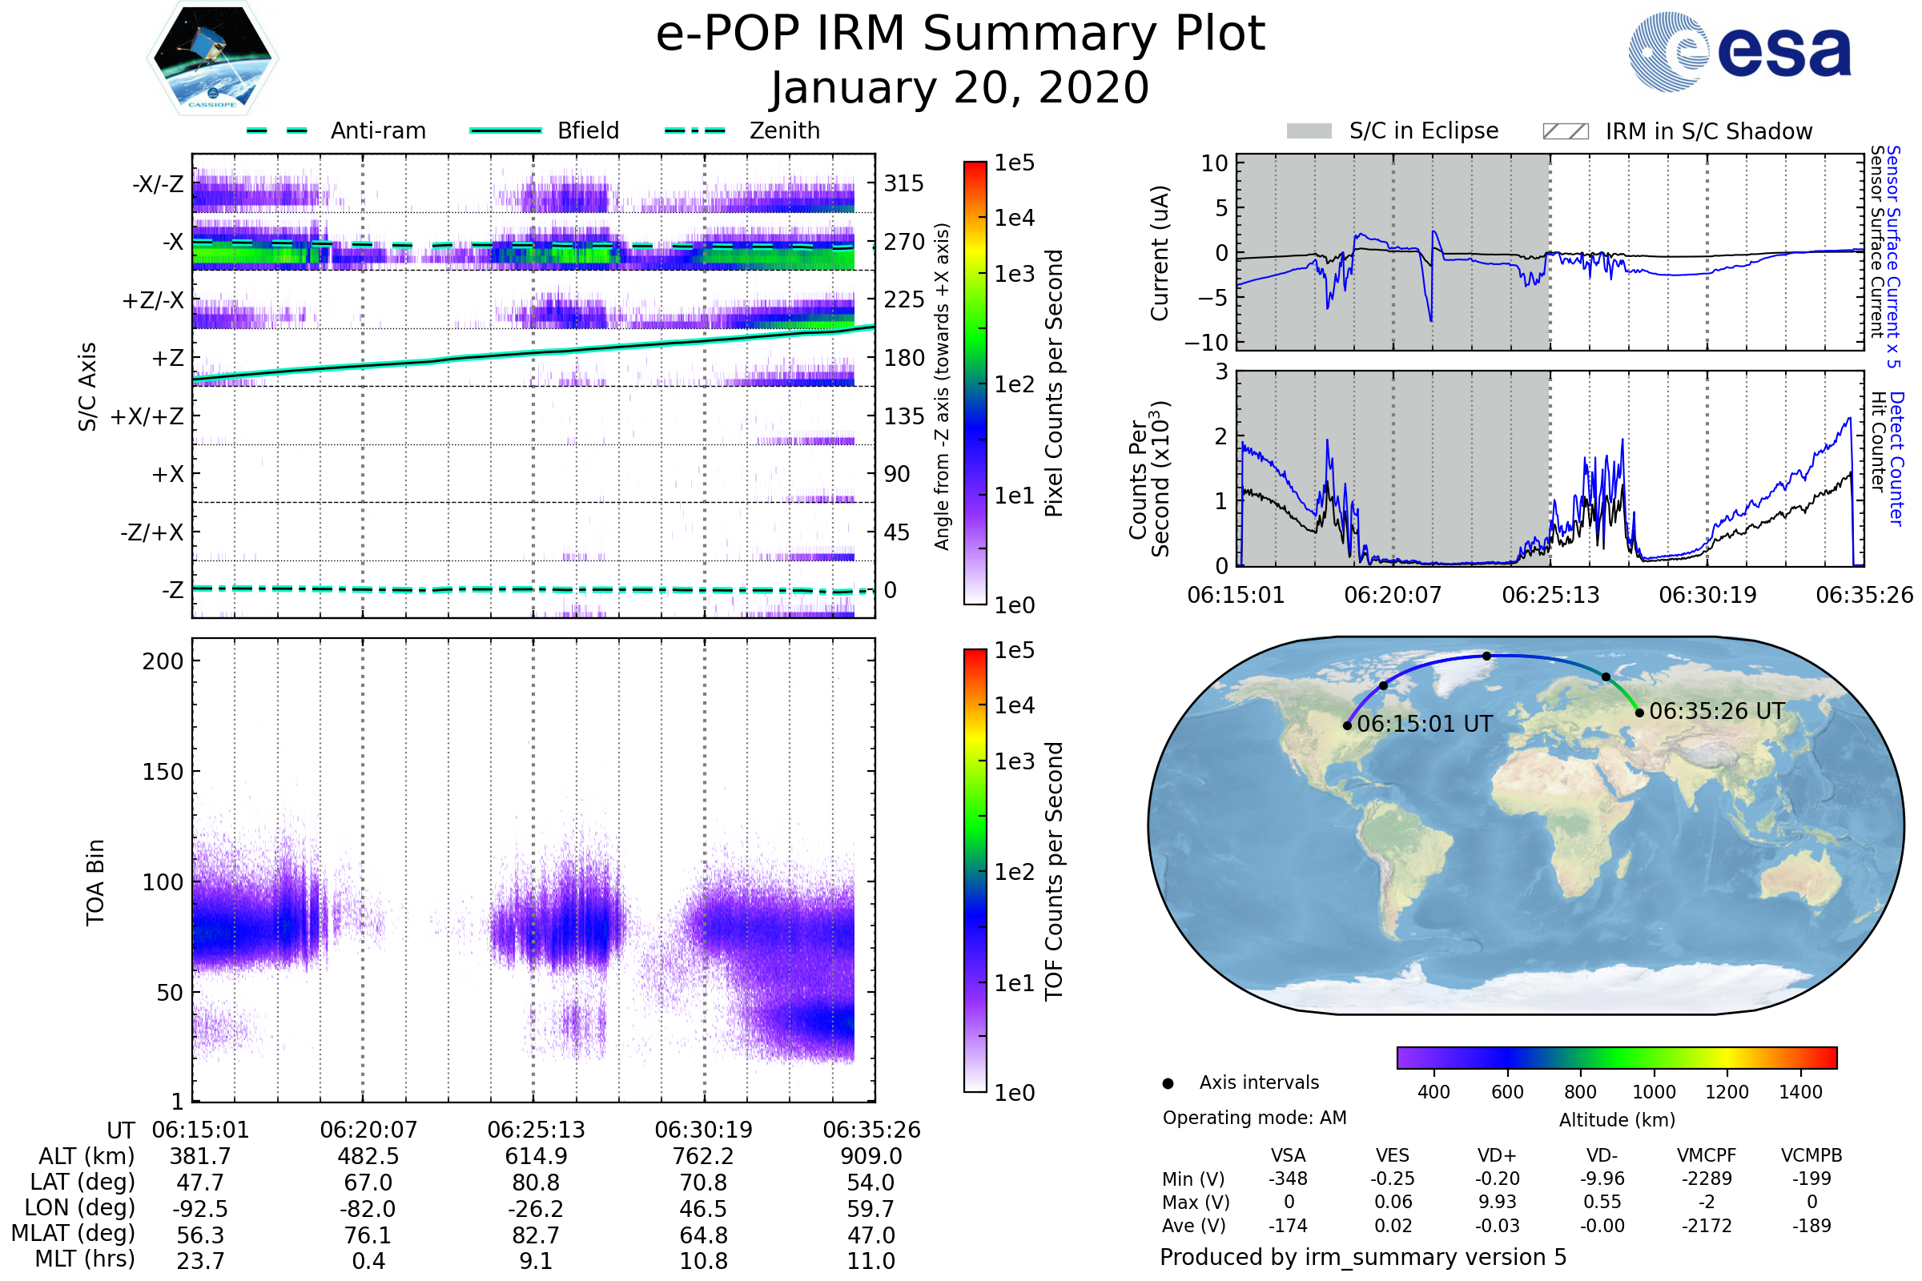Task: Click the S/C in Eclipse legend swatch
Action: tap(1309, 131)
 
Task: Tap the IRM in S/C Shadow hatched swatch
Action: tap(1565, 131)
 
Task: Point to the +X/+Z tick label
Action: tap(147, 416)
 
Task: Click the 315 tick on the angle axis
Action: tap(903, 184)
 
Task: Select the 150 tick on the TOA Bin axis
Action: tap(163, 772)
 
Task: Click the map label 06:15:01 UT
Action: tap(1425, 724)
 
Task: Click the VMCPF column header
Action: tap(1707, 1156)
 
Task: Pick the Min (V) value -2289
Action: tap(1707, 1179)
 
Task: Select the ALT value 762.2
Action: tap(704, 1157)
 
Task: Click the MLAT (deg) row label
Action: tap(73, 1234)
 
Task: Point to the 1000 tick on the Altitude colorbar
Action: tap(1654, 1092)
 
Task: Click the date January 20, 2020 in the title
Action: tap(960, 88)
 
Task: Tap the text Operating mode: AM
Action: tap(1254, 1118)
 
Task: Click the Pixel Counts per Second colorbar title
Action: tap(1054, 383)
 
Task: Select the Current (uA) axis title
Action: tap(1160, 253)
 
